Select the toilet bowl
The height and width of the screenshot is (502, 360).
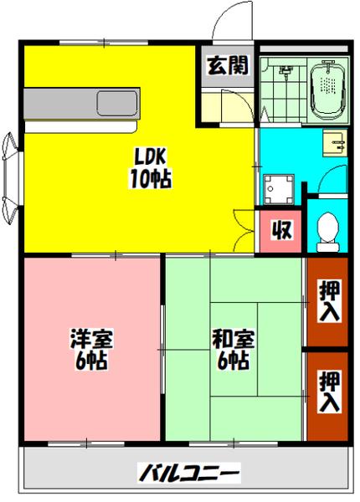click(328, 227)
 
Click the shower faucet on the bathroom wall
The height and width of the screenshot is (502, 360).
click(285, 74)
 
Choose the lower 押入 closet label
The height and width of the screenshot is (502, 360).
click(330, 392)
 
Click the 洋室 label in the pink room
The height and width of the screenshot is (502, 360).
click(86, 341)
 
